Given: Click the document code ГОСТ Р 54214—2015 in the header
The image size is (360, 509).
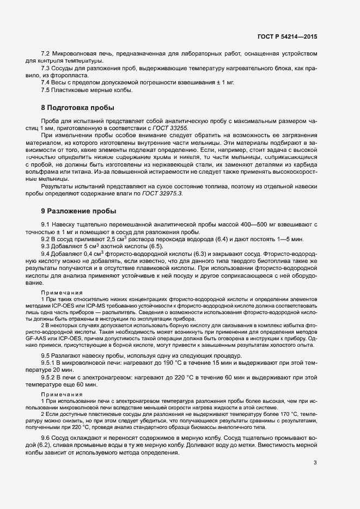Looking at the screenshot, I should point(287,36).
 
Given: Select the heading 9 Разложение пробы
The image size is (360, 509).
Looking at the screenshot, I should point(78,211).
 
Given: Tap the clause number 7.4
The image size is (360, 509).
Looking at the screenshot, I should point(46,82).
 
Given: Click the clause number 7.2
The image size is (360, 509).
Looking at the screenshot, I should point(46,54).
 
